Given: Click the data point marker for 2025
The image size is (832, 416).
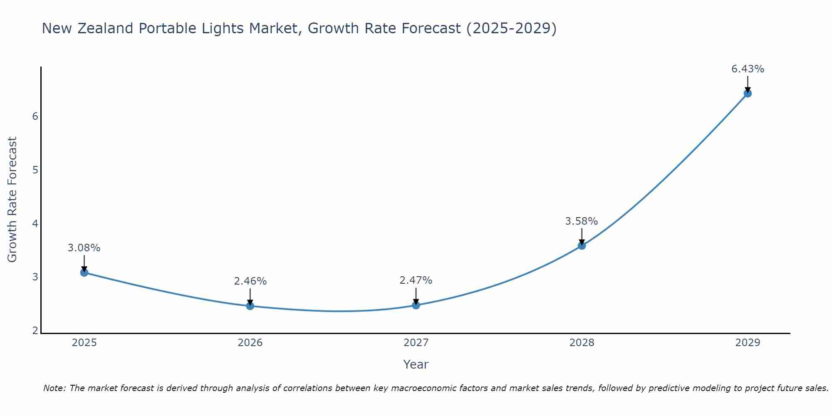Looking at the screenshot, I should [x=84, y=272].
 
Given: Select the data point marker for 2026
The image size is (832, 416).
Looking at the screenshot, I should [x=250, y=306].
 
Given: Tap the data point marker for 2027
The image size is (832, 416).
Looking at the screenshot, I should [x=416, y=305].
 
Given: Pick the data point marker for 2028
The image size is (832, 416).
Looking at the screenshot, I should [x=582, y=245].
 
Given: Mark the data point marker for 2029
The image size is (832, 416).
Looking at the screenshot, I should [x=748, y=93].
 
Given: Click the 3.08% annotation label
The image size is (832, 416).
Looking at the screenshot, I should [x=84, y=248].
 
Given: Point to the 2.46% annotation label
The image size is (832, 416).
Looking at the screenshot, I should [x=250, y=281].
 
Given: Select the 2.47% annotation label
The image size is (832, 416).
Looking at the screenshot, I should [x=416, y=280].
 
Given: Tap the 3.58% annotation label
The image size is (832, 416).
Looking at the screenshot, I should [x=582, y=221].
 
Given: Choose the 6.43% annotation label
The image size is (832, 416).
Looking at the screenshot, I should [x=748, y=69].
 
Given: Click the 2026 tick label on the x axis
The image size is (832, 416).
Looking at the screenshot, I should [x=250, y=343].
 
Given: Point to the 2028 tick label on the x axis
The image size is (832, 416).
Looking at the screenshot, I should [x=582, y=343].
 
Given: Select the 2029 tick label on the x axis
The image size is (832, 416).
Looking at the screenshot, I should [x=748, y=343].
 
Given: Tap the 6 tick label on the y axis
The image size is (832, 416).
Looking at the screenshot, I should [x=35, y=116].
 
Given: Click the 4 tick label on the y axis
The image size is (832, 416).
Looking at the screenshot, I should [x=35, y=224].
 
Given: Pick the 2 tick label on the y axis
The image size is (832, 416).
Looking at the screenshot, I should [x=35, y=331].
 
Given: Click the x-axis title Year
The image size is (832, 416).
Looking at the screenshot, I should [x=416, y=364].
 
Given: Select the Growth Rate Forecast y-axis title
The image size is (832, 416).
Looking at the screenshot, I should [x=12, y=200].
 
